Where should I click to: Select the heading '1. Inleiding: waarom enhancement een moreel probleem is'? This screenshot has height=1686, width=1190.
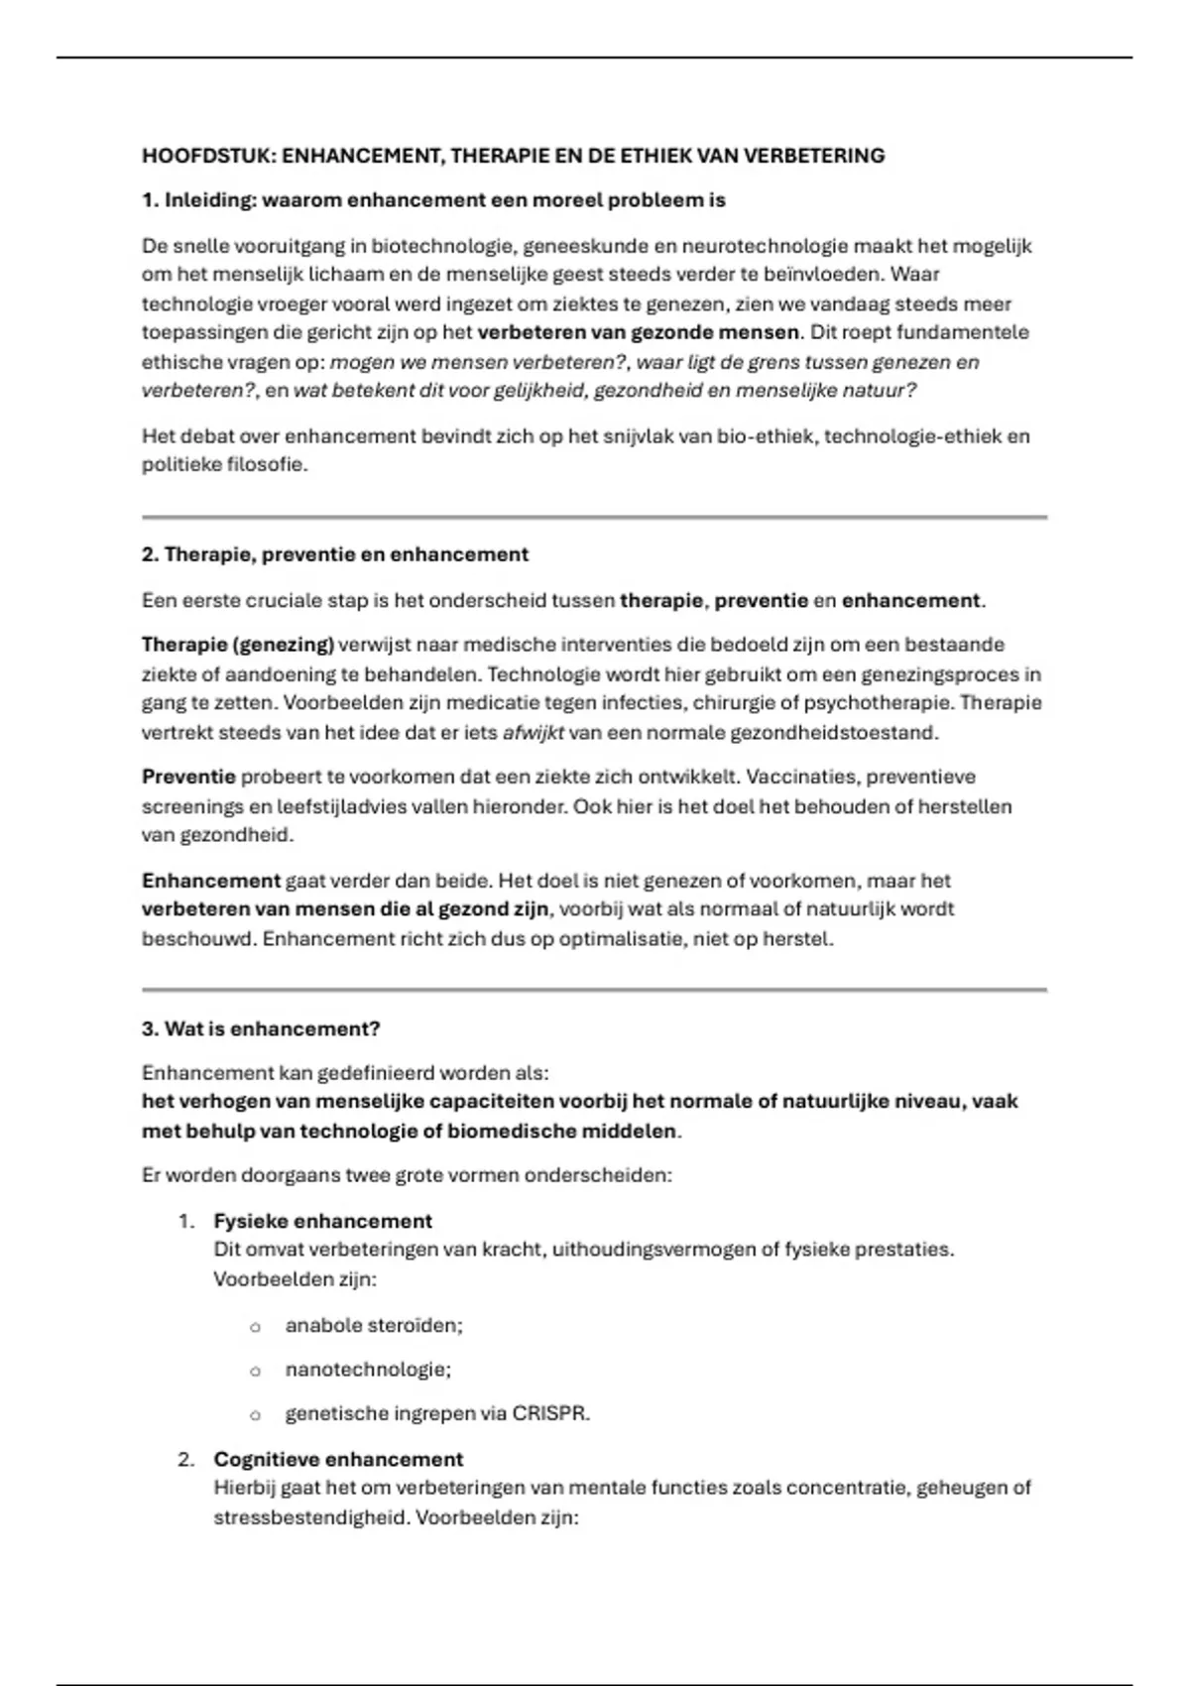click(433, 200)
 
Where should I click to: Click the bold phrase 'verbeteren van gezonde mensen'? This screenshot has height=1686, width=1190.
click(638, 332)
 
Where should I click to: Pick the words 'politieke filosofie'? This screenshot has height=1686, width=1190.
click(222, 464)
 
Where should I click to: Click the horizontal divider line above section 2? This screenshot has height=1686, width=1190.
click(594, 517)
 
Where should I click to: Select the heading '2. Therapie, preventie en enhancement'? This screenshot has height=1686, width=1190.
click(334, 554)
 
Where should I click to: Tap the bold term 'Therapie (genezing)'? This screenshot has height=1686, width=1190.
click(237, 645)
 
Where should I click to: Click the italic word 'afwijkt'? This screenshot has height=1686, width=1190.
click(533, 733)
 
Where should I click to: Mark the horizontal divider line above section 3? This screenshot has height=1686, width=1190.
click(594, 990)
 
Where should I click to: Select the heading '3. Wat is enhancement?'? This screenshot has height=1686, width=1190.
click(261, 1028)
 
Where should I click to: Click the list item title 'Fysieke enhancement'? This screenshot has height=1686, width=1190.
click(322, 1221)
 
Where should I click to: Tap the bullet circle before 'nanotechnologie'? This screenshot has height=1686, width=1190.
click(255, 1371)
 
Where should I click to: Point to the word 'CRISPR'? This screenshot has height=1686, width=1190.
click(548, 1413)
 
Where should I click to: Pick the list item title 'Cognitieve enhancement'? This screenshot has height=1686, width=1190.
click(338, 1459)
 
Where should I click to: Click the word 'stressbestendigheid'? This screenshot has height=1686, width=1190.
click(308, 1517)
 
